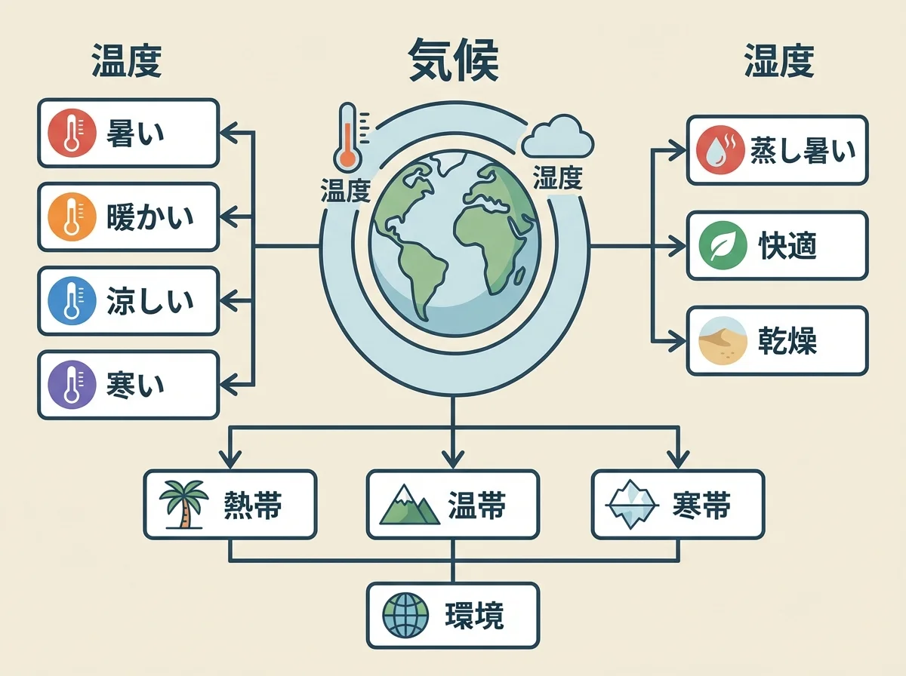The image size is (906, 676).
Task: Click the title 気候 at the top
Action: (x=453, y=60)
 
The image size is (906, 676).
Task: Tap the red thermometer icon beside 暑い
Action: (x=72, y=133)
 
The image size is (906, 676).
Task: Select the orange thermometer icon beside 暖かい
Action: (x=72, y=217)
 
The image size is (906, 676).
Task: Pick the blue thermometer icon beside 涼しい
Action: (x=72, y=300)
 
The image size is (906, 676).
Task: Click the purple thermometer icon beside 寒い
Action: (x=72, y=384)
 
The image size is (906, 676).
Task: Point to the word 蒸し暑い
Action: (x=803, y=150)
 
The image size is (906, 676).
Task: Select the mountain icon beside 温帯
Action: (x=408, y=504)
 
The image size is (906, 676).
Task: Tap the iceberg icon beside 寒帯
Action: (x=632, y=504)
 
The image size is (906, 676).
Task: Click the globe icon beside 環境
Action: (x=405, y=615)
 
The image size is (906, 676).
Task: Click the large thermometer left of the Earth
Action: (x=348, y=136)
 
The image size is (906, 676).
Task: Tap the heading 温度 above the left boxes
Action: (x=126, y=62)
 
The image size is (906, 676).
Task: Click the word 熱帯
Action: (x=253, y=505)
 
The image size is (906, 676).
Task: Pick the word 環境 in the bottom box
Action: (x=474, y=616)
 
